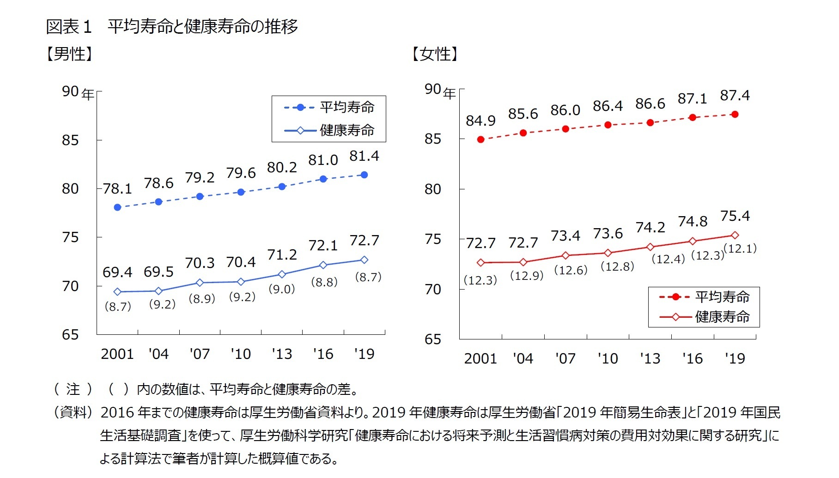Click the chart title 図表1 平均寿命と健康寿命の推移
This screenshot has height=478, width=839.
(172, 26)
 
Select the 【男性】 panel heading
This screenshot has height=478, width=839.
(70, 54)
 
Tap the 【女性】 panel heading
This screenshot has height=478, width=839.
(435, 54)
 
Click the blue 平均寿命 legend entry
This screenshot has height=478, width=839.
(329, 108)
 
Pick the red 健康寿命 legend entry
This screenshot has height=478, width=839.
(705, 317)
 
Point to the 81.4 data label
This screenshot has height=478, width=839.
(364, 156)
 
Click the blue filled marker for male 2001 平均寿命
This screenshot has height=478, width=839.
(117, 207)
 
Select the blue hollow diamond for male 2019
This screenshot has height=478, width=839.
(364, 260)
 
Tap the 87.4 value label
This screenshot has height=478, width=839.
(735, 96)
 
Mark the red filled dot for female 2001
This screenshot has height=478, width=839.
(481, 139)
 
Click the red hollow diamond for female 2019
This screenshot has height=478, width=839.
(735, 236)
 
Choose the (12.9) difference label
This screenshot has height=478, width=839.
(527, 276)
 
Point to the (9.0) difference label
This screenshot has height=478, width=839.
(282, 289)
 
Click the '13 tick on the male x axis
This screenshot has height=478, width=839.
(282, 354)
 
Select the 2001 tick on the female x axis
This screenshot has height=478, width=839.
(480, 358)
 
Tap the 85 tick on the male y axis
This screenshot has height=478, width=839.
(70, 140)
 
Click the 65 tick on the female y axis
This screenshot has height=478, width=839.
(433, 339)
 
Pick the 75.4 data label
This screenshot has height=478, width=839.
(735, 216)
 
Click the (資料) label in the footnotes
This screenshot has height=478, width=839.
(73, 412)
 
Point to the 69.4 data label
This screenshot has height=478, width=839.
(117, 272)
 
